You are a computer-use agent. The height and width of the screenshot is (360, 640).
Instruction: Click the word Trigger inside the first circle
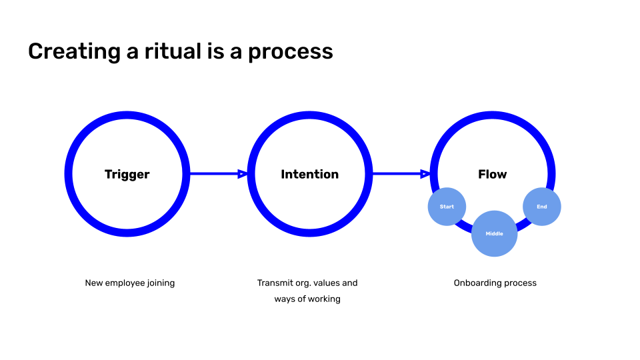pyautogui.click(x=127, y=175)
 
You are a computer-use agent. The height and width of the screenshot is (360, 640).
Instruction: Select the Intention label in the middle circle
pyautogui.click(x=310, y=174)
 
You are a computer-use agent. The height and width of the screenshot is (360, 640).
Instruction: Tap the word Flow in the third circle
pyautogui.click(x=492, y=174)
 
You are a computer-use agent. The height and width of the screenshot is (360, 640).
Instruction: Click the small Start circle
pyautogui.click(x=447, y=207)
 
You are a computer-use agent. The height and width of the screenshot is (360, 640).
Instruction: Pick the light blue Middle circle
pyautogui.click(x=494, y=233)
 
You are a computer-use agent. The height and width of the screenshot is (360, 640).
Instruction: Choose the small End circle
pyautogui.click(x=541, y=207)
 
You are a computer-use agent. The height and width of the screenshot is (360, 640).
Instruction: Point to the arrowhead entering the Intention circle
pyautogui.click(x=243, y=174)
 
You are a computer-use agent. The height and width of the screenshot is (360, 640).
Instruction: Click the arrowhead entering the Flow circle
pyautogui.click(x=425, y=174)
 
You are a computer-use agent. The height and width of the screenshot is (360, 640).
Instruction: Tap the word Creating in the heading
pyautogui.click(x=74, y=52)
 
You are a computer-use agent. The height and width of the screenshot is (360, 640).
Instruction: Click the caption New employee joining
pyautogui.click(x=130, y=283)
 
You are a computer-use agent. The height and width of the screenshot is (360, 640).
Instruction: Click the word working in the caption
pyautogui.click(x=325, y=299)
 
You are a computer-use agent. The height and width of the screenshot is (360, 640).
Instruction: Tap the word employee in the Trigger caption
pyautogui.click(x=125, y=283)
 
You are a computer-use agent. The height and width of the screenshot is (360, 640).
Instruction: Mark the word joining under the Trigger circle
pyautogui.click(x=161, y=283)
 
